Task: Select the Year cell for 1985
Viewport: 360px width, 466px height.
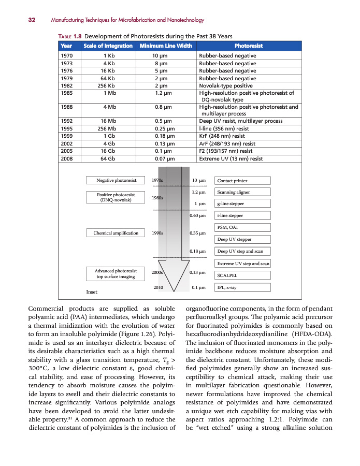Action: [x=67, y=93]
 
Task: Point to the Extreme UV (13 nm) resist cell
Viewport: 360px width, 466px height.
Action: [x=231, y=159]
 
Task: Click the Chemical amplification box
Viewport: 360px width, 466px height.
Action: [x=116, y=233]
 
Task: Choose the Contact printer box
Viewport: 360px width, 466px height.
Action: [x=242, y=181]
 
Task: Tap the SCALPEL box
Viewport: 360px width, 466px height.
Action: [x=242, y=275]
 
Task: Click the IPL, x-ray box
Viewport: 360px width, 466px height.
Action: [x=242, y=287]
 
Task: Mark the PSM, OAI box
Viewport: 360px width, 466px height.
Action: [x=242, y=227]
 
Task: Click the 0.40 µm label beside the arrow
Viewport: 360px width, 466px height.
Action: [x=198, y=215]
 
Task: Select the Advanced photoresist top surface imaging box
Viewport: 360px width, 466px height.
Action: [x=116, y=273]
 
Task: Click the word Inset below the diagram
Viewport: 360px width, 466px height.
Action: [x=92, y=292]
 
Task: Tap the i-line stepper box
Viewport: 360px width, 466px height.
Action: [x=242, y=215]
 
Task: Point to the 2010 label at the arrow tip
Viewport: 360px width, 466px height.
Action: [x=159, y=287]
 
